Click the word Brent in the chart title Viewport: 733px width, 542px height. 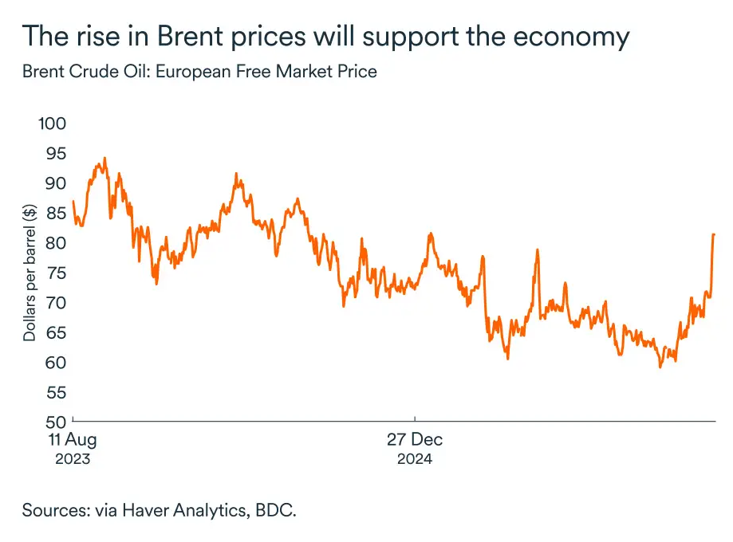(x=190, y=36)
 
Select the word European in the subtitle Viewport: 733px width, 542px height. (x=193, y=73)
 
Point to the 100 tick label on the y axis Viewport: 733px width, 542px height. (x=52, y=124)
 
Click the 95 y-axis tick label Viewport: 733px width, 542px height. (x=56, y=154)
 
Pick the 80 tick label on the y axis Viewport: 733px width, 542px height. (x=56, y=243)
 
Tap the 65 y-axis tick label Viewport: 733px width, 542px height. (x=56, y=332)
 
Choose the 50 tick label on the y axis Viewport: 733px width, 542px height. (x=56, y=422)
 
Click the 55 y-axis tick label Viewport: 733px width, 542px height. (x=56, y=392)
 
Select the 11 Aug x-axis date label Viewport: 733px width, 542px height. (x=73, y=440)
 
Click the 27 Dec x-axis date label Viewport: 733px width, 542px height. (x=415, y=440)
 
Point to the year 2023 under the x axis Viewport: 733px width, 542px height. (x=73, y=459)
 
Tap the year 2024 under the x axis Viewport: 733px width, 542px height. (x=415, y=459)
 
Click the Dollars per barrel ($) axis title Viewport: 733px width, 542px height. (x=30, y=273)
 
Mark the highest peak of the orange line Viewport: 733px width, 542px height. (x=104, y=158)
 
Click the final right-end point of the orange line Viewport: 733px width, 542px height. (x=714, y=234)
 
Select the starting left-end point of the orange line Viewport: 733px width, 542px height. (x=73, y=202)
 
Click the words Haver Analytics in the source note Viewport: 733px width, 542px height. (x=185, y=510)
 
